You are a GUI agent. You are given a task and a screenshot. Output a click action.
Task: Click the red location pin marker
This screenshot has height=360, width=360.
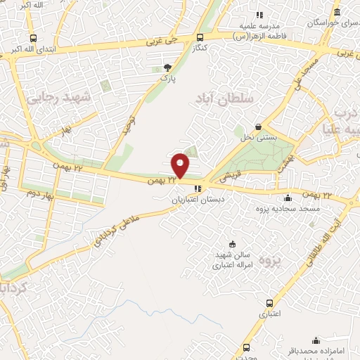(x=181, y=165)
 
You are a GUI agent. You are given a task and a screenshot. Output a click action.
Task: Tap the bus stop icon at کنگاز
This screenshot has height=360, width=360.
(x=201, y=38)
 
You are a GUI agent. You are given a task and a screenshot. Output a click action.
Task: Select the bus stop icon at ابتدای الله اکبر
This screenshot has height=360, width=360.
(x=33, y=39)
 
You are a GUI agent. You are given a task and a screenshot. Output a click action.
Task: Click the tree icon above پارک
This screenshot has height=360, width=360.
(x=167, y=67)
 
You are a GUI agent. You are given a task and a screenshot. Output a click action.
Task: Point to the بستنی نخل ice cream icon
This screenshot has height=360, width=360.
(x=259, y=127)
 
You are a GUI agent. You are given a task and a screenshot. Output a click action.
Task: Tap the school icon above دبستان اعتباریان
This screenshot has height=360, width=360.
(x=198, y=188)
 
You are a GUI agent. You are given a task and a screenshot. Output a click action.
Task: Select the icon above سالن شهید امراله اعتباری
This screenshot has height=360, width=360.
(x=233, y=243)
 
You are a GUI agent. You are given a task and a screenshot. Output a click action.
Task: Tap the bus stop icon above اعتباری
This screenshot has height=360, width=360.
(x=270, y=303)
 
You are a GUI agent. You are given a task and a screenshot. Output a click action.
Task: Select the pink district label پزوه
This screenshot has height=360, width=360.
(x=271, y=261)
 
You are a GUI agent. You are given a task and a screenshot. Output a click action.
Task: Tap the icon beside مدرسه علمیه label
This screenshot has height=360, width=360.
(x=259, y=14)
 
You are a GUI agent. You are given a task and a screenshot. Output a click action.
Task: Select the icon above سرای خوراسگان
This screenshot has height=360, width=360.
(x=337, y=13)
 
